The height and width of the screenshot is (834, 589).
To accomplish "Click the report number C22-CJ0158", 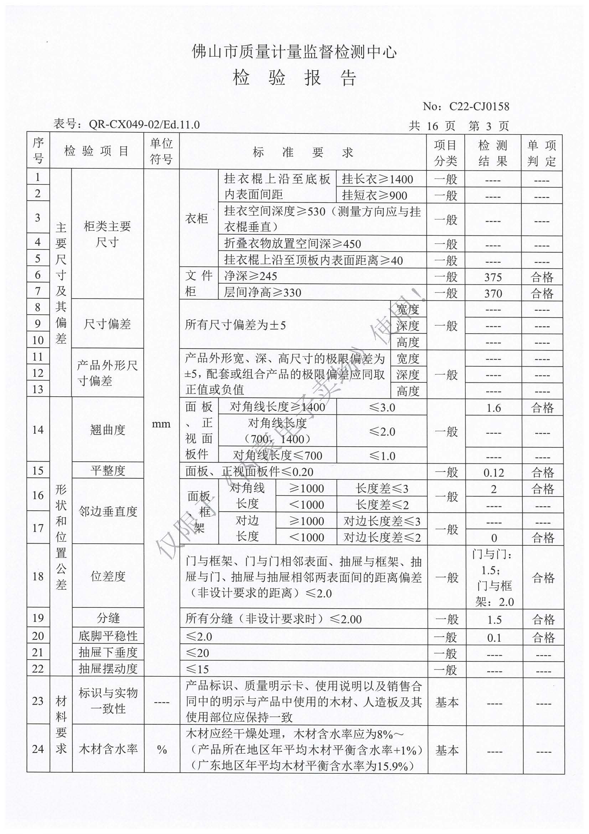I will (479, 106).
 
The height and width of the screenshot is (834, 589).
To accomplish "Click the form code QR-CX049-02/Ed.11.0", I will (144, 124).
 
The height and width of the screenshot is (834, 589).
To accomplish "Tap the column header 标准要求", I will (303, 152).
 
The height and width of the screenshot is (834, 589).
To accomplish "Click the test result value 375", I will (492, 277).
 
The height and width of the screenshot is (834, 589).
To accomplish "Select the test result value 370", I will (492, 294).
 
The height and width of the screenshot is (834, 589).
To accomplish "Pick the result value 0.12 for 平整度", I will (494, 473).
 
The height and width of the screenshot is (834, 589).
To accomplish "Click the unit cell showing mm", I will (161, 424).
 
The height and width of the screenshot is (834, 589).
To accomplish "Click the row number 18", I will (38, 576).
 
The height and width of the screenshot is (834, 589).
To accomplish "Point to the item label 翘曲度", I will (108, 430).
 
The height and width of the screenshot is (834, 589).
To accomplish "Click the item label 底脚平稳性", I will (108, 636).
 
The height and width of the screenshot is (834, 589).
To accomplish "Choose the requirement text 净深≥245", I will (250, 276).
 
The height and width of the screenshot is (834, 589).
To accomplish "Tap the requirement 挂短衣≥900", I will (374, 196).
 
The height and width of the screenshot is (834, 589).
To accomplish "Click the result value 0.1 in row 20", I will (494, 638).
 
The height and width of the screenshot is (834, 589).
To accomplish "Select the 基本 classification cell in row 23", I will (446, 702).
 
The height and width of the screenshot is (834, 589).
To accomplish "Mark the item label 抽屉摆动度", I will (108, 669).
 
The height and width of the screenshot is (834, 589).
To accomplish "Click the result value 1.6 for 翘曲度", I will (494, 408).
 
